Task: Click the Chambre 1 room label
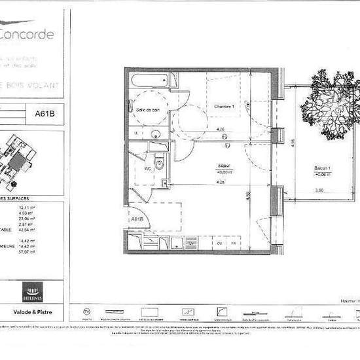pyautogui.click(x=225, y=106)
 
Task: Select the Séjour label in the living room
pyautogui.click(x=226, y=168)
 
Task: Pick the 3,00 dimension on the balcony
pyautogui.click(x=319, y=190)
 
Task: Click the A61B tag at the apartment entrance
pyautogui.click(x=137, y=219)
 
